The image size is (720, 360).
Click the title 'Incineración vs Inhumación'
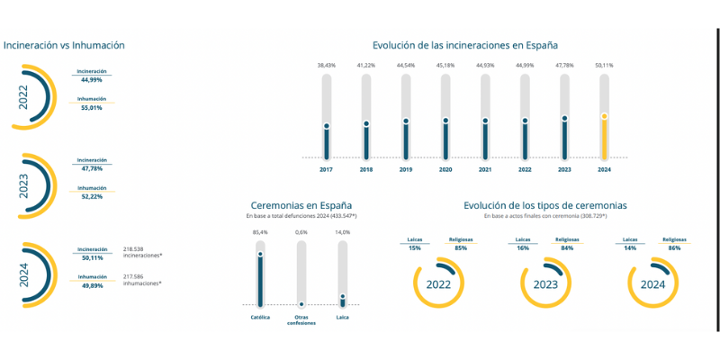coord(64,45)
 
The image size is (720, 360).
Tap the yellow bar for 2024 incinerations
coord(604,135)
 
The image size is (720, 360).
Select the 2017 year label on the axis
coord(326,169)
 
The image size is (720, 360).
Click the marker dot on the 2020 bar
coord(445,121)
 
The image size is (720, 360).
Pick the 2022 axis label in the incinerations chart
coord(525,169)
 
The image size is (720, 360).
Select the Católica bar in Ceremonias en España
coord(261,280)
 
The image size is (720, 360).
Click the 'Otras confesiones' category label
coord(301,319)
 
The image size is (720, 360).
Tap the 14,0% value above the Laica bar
coord(342,232)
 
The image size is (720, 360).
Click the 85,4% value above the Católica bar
coord(261,232)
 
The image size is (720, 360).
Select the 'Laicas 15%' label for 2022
coord(415,244)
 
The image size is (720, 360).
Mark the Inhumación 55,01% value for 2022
coord(91,107)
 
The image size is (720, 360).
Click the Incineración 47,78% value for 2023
coord(91,167)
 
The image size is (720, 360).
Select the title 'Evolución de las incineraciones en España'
coord(465,45)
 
